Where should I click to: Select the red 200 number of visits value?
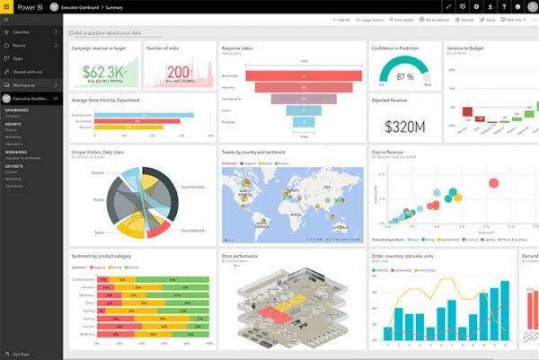[x=177, y=71]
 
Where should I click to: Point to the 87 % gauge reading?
[x=404, y=76]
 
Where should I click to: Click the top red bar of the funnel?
[x=291, y=75]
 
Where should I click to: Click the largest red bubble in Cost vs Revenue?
[x=492, y=183]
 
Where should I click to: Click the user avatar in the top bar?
[x=529, y=5]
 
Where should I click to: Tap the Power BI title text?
[x=31, y=5]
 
